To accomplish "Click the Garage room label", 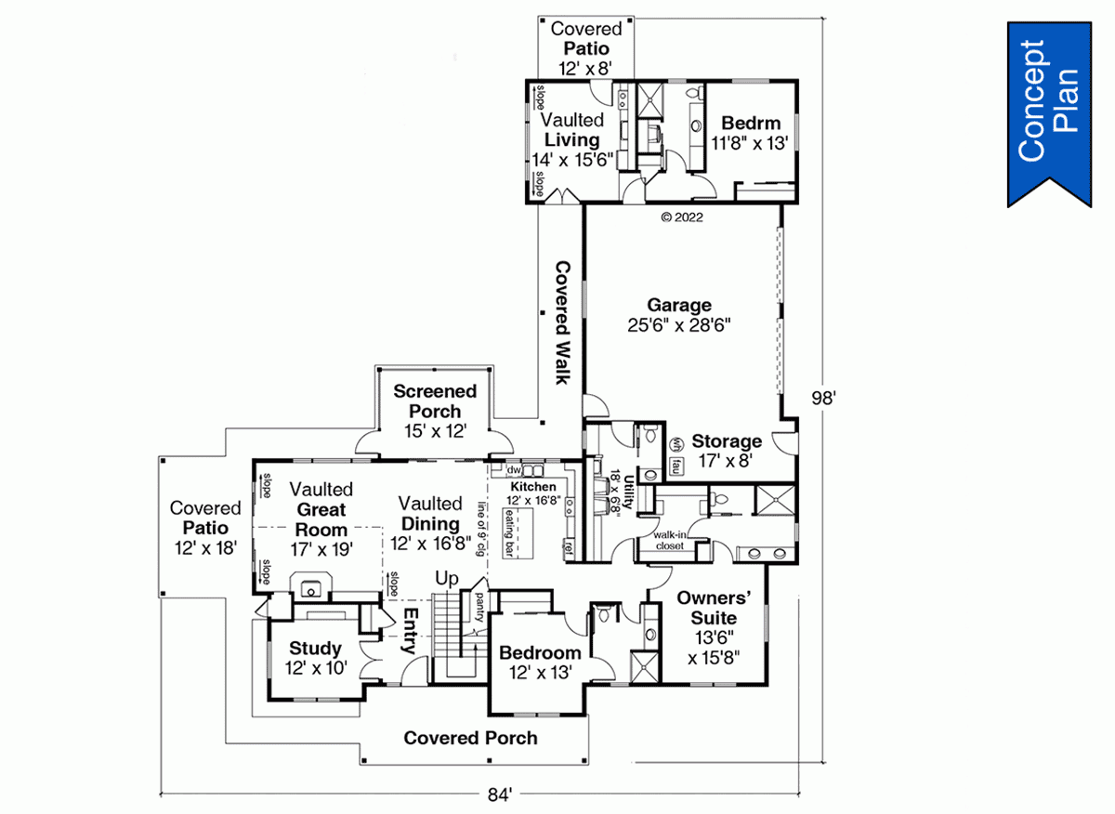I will pyautogui.click(x=679, y=306).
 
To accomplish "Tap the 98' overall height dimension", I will pyautogui.click(x=823, y=398).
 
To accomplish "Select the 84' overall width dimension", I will pyautogui.click(x=498, y=795).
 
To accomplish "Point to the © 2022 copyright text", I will pyautogui.click(x=681, y=218).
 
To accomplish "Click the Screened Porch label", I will pyautogui.click(x=435, y=402).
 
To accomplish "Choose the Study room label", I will pyautogui.click(x=315, y=649).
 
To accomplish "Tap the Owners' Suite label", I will pyautogui.click(x=708, y=608).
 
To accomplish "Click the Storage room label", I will pyautogui.click(x=727, y=441).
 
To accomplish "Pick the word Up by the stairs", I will pyautogui.click(x=448, y=579).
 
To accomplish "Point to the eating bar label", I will pyautogui.click(x=509, y=532).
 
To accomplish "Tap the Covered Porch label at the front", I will pyautogui.click(x=470, y=738).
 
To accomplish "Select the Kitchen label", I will pyautogui.click(x=532, y=487).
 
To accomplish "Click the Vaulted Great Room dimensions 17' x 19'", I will pyautogui.click(x=321, y=548).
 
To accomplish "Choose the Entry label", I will pyautogui.click(x=410, y=632).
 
